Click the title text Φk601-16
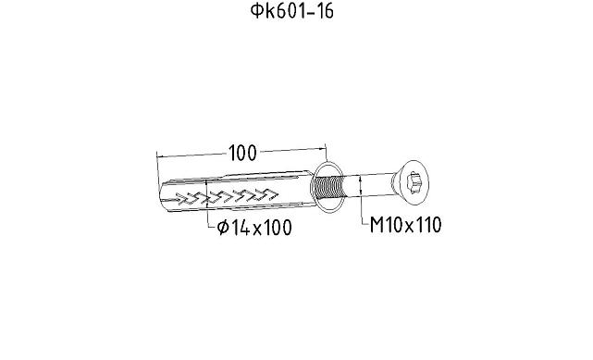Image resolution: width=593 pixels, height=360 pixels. point(295,12)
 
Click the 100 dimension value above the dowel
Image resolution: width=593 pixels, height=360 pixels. point(242,153)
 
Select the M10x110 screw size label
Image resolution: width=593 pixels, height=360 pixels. point(405,226)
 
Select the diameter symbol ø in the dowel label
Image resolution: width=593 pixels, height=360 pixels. point(223,228)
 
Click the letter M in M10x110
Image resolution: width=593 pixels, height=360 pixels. point(377,226)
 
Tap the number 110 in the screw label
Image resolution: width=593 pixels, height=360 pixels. point(426,226)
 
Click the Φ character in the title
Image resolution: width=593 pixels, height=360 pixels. point(258,12)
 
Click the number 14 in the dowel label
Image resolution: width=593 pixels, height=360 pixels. point(242,228)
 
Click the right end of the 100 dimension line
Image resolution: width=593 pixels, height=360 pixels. point(327,147)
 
